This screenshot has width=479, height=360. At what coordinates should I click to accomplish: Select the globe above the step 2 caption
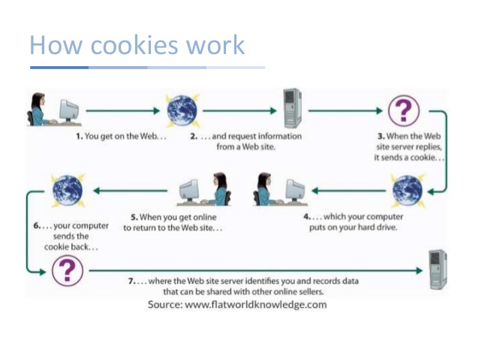click(x=182, y=110)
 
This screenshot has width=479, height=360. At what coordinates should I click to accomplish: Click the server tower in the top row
click(x=291, y=107)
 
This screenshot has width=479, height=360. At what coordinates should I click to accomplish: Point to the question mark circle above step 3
click(x=404, y=111)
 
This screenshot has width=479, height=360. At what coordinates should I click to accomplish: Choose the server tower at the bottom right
click(x=436, y=268)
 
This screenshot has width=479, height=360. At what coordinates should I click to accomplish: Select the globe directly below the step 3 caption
click(x=407, y=190)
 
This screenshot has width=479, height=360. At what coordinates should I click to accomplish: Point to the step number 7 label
click(x=131, y=280)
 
